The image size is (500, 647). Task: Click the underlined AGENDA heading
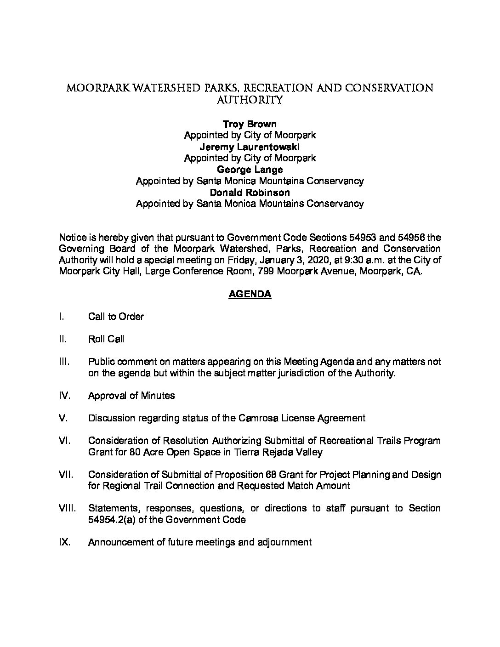[x=250, y=294]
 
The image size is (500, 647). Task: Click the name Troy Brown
[x=250, y=124]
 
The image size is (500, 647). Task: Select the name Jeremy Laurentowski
[x=250, y=147]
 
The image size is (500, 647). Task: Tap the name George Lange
[x=250, y=170]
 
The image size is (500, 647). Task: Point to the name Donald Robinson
[x=250, y=192]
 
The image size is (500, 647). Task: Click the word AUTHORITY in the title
[x=250, y=100]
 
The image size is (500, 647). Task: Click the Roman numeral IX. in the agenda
[x=67, y=542]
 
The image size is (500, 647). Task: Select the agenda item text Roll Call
[x=106, y=339]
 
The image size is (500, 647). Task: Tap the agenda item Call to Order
[x=116, y=317]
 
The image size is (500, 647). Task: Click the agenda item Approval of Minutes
[x=131, y=396]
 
